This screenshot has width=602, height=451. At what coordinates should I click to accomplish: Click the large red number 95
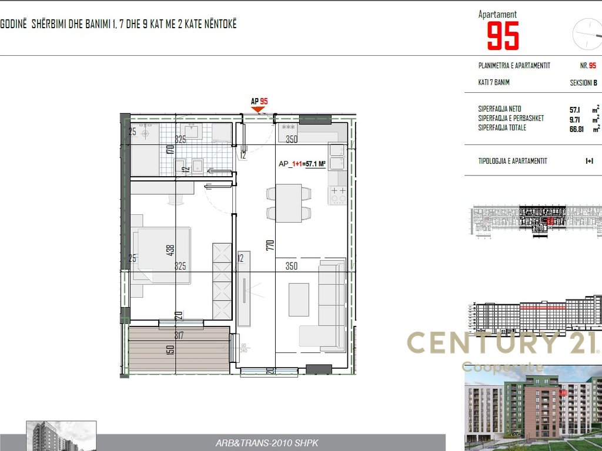[503, 36]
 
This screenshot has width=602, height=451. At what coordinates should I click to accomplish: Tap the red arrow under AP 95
[258, 109]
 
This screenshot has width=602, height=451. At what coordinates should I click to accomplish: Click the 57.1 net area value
[574, 109]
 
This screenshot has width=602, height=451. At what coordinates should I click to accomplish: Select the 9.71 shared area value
[575, 119]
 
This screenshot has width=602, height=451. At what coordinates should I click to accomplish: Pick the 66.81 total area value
[576, 128]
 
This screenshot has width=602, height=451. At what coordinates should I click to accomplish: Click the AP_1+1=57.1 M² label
[302, 164]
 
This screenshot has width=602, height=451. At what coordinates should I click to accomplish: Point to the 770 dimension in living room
[271, 245]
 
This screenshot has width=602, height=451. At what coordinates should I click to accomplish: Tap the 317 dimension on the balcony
[179, 336]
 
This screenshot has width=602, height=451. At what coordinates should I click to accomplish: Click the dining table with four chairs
[289, 203]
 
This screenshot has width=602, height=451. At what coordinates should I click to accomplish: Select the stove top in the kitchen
[338, 195]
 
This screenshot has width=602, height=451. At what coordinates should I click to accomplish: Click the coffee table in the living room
[299, 299]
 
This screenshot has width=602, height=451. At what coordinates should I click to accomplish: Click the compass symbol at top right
[587, 33]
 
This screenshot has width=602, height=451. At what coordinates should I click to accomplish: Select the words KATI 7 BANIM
[494, 83]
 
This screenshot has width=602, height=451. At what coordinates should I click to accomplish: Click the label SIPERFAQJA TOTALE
[502, 128]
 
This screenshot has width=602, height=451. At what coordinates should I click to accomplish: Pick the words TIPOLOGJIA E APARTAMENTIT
[513, 161]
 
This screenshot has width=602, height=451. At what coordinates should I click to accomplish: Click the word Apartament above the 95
[497, 14]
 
